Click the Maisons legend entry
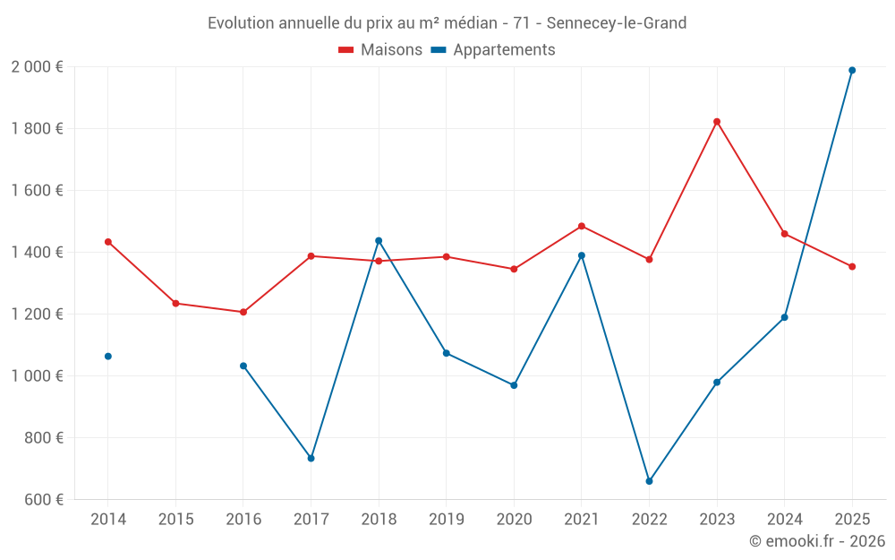coord(380,50)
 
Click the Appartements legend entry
coord(493,50)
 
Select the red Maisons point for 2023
coord(717,122)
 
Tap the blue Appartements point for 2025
coord(852,70)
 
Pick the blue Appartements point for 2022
coord(649,481)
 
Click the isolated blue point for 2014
coord(108,357)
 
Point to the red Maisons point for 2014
coord(108,242)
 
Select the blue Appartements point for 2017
coord(311,458)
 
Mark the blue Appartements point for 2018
coord(379,240)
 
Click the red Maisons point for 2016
coord(243,312)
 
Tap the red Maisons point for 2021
coord(582,226)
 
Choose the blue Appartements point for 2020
coord(514,385)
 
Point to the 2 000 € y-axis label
coord(37,67)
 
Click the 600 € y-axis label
coord(44,500)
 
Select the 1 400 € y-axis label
coord(37,253)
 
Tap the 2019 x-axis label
coord(446,520)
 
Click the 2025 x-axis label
coord(852,520)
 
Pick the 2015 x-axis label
coord(175,520)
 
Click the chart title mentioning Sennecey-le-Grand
coord(447,23)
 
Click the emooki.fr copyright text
coord(816,541)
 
